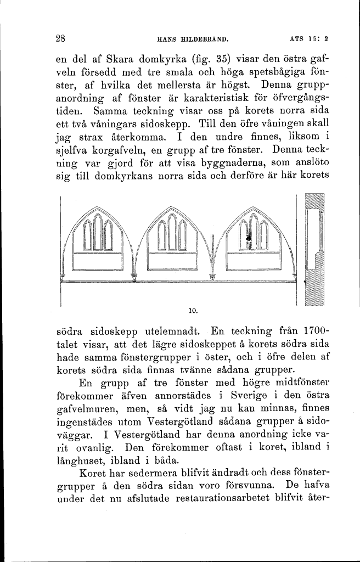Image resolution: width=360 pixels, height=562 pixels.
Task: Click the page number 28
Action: (61, 39)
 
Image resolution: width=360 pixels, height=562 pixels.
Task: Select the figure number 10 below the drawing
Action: (192, 311)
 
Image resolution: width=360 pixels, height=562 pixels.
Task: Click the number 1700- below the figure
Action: (311, 333)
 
